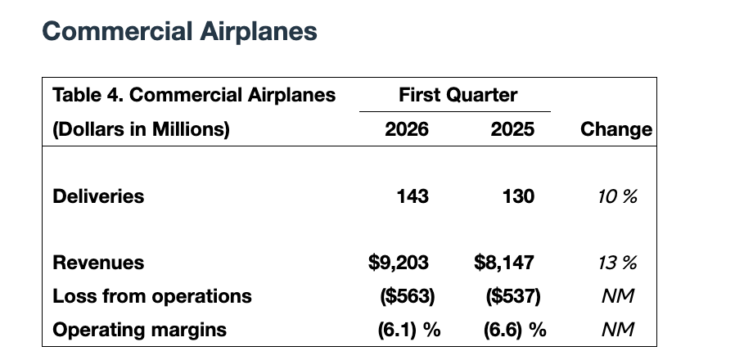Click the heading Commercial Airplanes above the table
(179, 32)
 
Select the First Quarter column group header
(458, 95)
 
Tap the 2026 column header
(407, 129)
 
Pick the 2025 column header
(512, 129)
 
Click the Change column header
(616, 129)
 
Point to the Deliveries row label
(98, 196)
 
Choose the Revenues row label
(98, 263)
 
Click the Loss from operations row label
(152, 296)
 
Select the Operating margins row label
(139, 330)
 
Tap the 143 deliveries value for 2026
(412, 196)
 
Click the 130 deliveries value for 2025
(518, 196)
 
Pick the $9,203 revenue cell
(399, 263)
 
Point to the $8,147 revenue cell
(504, 263)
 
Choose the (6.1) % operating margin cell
(408, 330)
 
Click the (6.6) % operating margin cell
(514, 330)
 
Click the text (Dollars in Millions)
(141, 129)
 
